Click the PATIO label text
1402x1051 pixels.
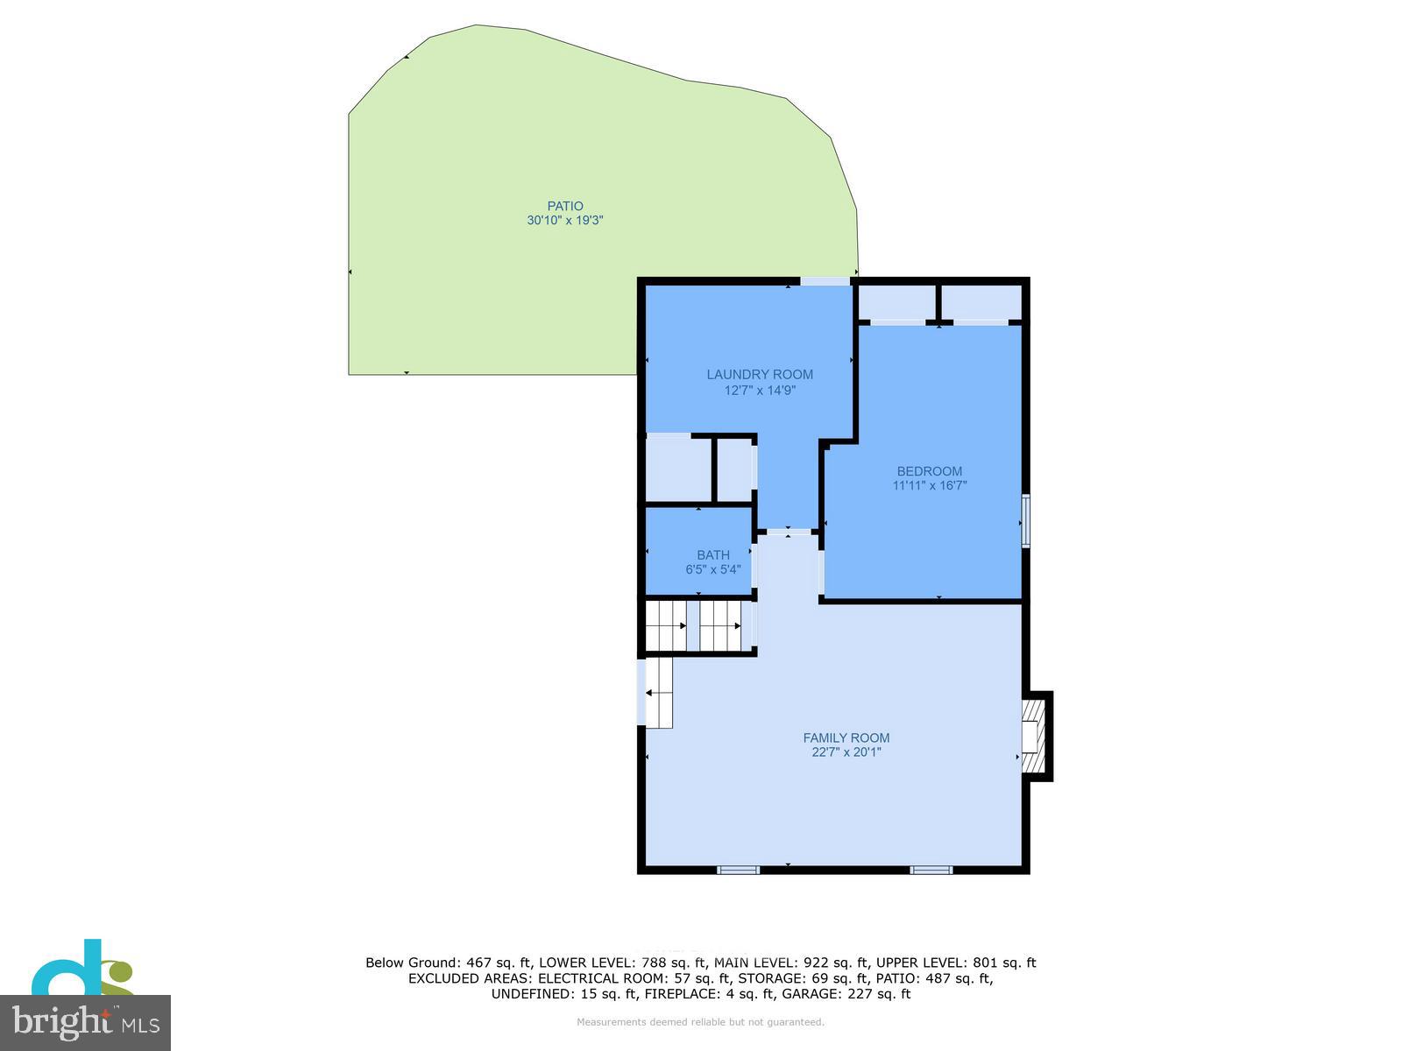[565, 207]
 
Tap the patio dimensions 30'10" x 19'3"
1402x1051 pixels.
[565, 221]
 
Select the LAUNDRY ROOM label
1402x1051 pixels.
[760, 375]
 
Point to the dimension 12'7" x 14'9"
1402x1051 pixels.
[760, 391]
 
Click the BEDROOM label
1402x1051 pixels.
[929, 471]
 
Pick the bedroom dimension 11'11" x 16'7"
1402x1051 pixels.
[929, 486]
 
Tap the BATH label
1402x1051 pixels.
[713, 555]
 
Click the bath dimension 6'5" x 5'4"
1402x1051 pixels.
[713, 569]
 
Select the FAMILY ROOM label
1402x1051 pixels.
[846, 738]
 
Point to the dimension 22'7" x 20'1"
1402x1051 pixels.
[846, 752]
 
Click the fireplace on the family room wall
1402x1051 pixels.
[1037, 736]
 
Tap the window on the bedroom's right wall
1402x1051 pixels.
[1026, 521]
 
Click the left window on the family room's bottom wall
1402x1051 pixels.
[738, 870]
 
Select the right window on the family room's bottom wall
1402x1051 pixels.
[931, 870]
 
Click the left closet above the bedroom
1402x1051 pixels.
[896, 302]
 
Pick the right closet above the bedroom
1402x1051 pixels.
[981, 302]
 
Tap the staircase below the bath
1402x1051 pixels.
[699, 626]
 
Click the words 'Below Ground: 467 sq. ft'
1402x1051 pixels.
[448, 963]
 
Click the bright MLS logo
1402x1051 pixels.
[85, 1022]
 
